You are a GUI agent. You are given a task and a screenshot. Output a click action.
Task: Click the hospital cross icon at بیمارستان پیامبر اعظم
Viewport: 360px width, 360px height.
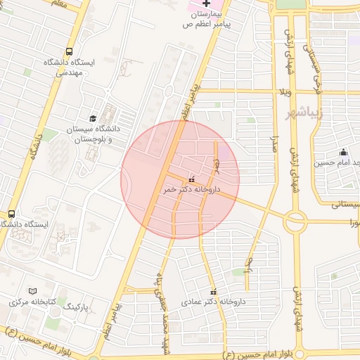pyautogui.click(x=206, y=4)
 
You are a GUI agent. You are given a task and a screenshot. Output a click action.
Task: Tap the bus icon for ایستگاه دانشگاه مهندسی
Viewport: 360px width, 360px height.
pyautogui.click(x=69, y=51)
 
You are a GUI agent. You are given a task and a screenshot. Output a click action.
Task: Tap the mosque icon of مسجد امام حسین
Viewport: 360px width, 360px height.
pyautogui.click(x=343, y=153)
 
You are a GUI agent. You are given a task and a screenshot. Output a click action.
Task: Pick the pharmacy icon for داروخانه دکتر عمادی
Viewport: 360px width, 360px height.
pyautogui.click(x=213, y=292)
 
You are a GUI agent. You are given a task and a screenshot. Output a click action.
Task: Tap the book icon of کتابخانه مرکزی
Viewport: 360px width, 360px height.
pyautogui.click(x=32, y=291)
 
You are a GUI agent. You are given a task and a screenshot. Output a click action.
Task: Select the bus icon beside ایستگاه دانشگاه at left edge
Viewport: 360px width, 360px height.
pyautogui.click(x=11, y=214)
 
